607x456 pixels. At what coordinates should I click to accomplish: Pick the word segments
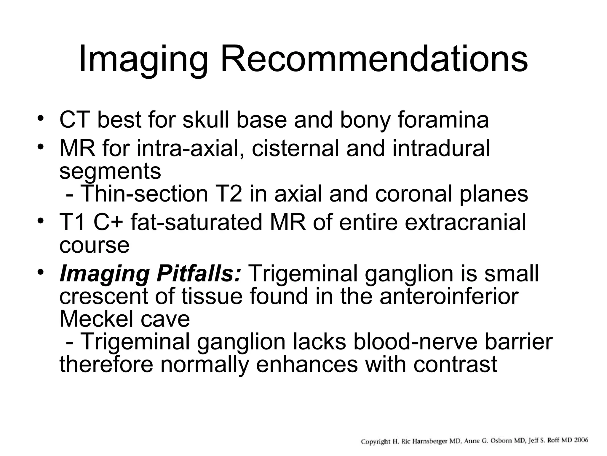coord(110,172)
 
